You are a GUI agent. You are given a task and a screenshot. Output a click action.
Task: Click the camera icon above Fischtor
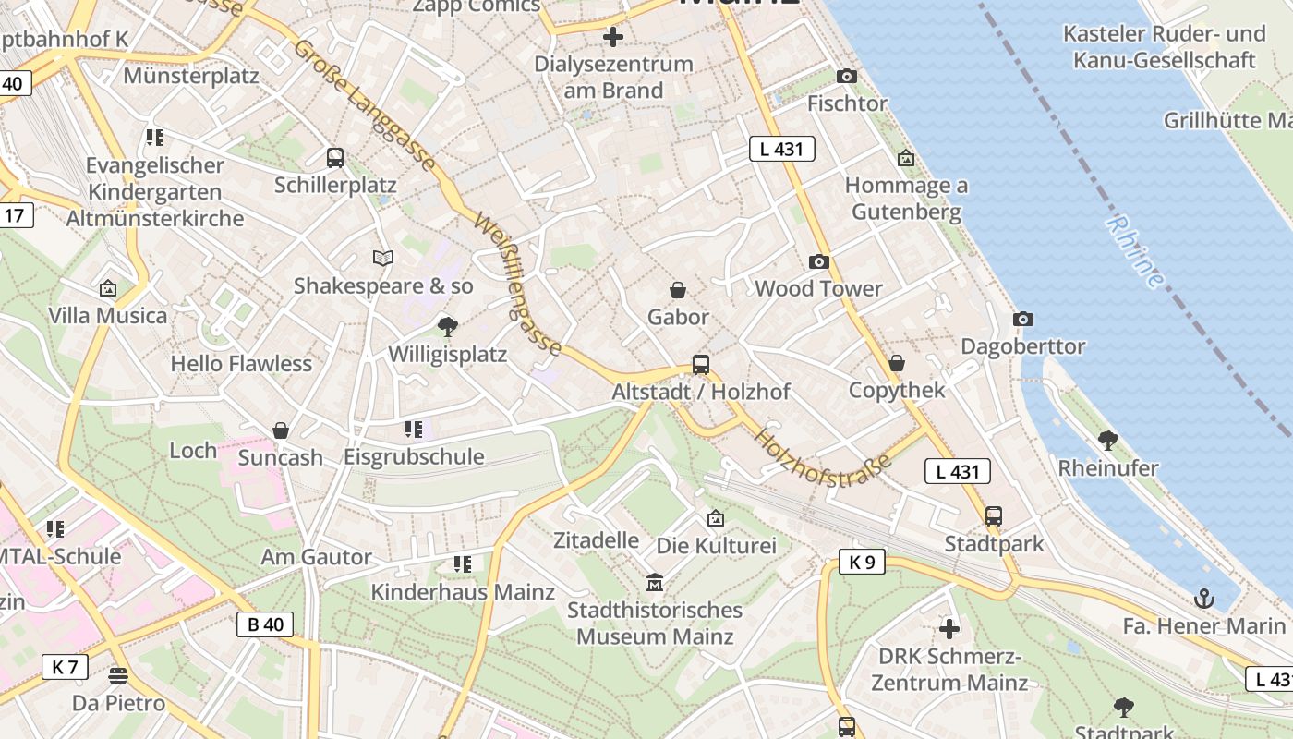[x=846, y=77]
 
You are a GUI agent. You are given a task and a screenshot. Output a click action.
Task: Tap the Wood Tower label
[x=818, y=288]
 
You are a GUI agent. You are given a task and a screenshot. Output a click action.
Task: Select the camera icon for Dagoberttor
[x=1022, y=320]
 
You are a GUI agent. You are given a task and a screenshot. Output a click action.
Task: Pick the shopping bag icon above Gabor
[x=678, y=291]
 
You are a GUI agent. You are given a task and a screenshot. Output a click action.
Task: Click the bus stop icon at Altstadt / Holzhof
[x=701, y=365]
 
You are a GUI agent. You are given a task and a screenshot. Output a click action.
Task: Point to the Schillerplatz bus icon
[x=335, y=158]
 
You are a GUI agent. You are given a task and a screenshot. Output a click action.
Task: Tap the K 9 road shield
[x=862, y=562]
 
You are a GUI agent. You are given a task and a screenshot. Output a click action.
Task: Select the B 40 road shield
[x=266, y=624]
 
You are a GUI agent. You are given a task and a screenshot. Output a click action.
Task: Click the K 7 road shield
[x=65, y=667]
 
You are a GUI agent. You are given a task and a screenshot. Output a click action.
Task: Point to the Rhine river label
[x=1135, y=251]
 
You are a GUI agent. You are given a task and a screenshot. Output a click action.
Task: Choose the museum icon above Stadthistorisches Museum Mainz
[x=655, y=583]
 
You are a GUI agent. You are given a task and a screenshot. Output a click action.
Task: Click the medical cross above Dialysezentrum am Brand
[x=612, y=38]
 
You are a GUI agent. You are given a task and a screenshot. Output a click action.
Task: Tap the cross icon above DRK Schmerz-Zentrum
[x=949, y=630]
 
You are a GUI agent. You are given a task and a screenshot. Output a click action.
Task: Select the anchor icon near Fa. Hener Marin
[x=1203, y=600]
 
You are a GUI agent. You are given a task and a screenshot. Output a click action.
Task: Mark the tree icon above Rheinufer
[x=1107, y=441]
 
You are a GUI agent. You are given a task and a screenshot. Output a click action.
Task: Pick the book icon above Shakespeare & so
[x=383, y=259]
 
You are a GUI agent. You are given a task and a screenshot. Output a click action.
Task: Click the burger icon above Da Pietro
[x=118, y=676]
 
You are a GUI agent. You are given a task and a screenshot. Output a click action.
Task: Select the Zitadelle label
[x=596, y=539]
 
